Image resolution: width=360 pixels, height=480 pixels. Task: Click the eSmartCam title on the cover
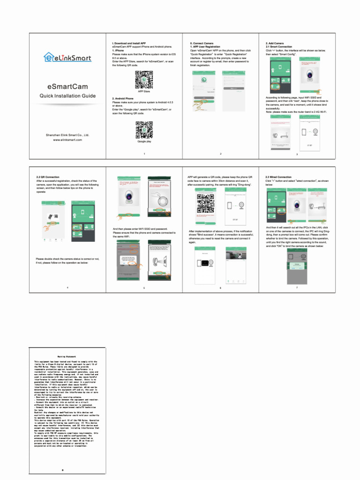point(67,87)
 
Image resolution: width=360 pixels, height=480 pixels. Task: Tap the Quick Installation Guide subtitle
point(67,96)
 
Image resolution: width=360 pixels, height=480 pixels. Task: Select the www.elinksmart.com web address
point(67,140)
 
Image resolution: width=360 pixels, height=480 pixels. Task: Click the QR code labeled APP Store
point(144,79)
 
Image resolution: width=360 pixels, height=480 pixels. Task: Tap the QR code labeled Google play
point(144,129)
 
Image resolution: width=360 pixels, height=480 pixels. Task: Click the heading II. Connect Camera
point(202,43)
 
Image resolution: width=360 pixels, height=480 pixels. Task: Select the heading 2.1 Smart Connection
point(278,47)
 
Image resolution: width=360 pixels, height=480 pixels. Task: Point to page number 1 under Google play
point(144,154)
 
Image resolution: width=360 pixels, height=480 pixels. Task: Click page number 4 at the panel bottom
point(67,287)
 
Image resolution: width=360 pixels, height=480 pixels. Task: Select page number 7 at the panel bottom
point(297,287)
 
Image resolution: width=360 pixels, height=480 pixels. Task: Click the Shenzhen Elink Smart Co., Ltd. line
point(67,135)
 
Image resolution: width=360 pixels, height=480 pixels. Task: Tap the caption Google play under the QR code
point(144,141)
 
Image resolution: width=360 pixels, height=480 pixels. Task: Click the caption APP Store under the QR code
point(144,91)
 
